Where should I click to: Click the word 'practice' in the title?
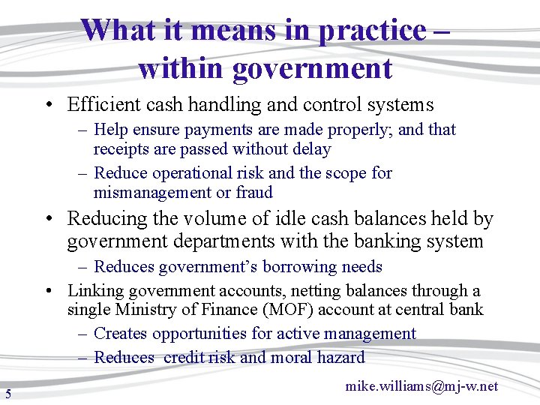[371, 31]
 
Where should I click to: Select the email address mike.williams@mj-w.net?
[421, 386]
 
